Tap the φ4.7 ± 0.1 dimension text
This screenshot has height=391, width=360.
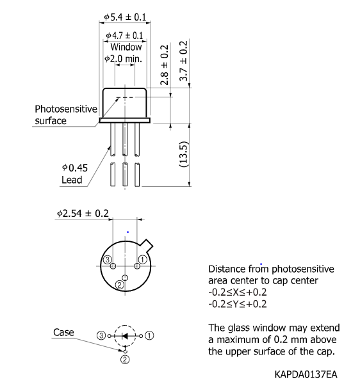(126, 36)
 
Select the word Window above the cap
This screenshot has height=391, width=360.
(126, 47)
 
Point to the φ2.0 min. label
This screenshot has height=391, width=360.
(126, 59)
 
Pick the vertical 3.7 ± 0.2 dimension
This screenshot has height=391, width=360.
(184, 61)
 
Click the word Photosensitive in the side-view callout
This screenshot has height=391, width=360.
(65, 109)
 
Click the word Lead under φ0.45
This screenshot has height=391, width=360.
(72, 180)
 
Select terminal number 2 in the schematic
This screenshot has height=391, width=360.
(126, 360)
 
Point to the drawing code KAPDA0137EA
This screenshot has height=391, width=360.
(307, 372)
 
